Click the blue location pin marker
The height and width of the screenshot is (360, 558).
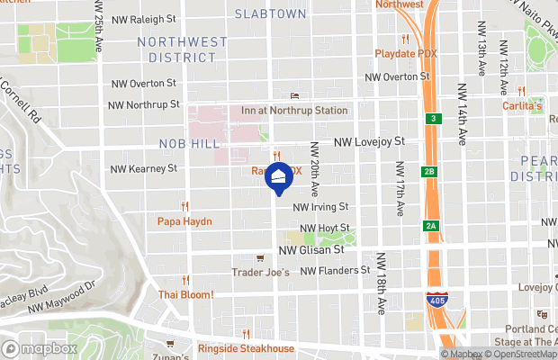click(x=280, y=177)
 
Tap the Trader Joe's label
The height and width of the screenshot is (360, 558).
click(x=261, y=272)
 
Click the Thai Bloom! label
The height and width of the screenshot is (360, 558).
click(x=186, y=294)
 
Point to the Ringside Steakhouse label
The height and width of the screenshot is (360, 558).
click(x=247, y=348)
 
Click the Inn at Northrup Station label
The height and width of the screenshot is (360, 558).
click(x=294, y=111)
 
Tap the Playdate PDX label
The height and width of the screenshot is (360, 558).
click(x=407, y=53)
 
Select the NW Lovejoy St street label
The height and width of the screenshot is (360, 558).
click(x=370, y=141)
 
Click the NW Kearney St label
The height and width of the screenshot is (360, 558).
click(x=143, y=168)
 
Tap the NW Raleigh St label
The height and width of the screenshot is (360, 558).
click(x=143, y=18)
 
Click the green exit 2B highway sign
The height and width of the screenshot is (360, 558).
click(x=429, y=171)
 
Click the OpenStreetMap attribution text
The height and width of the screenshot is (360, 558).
click(x=523, y=355)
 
